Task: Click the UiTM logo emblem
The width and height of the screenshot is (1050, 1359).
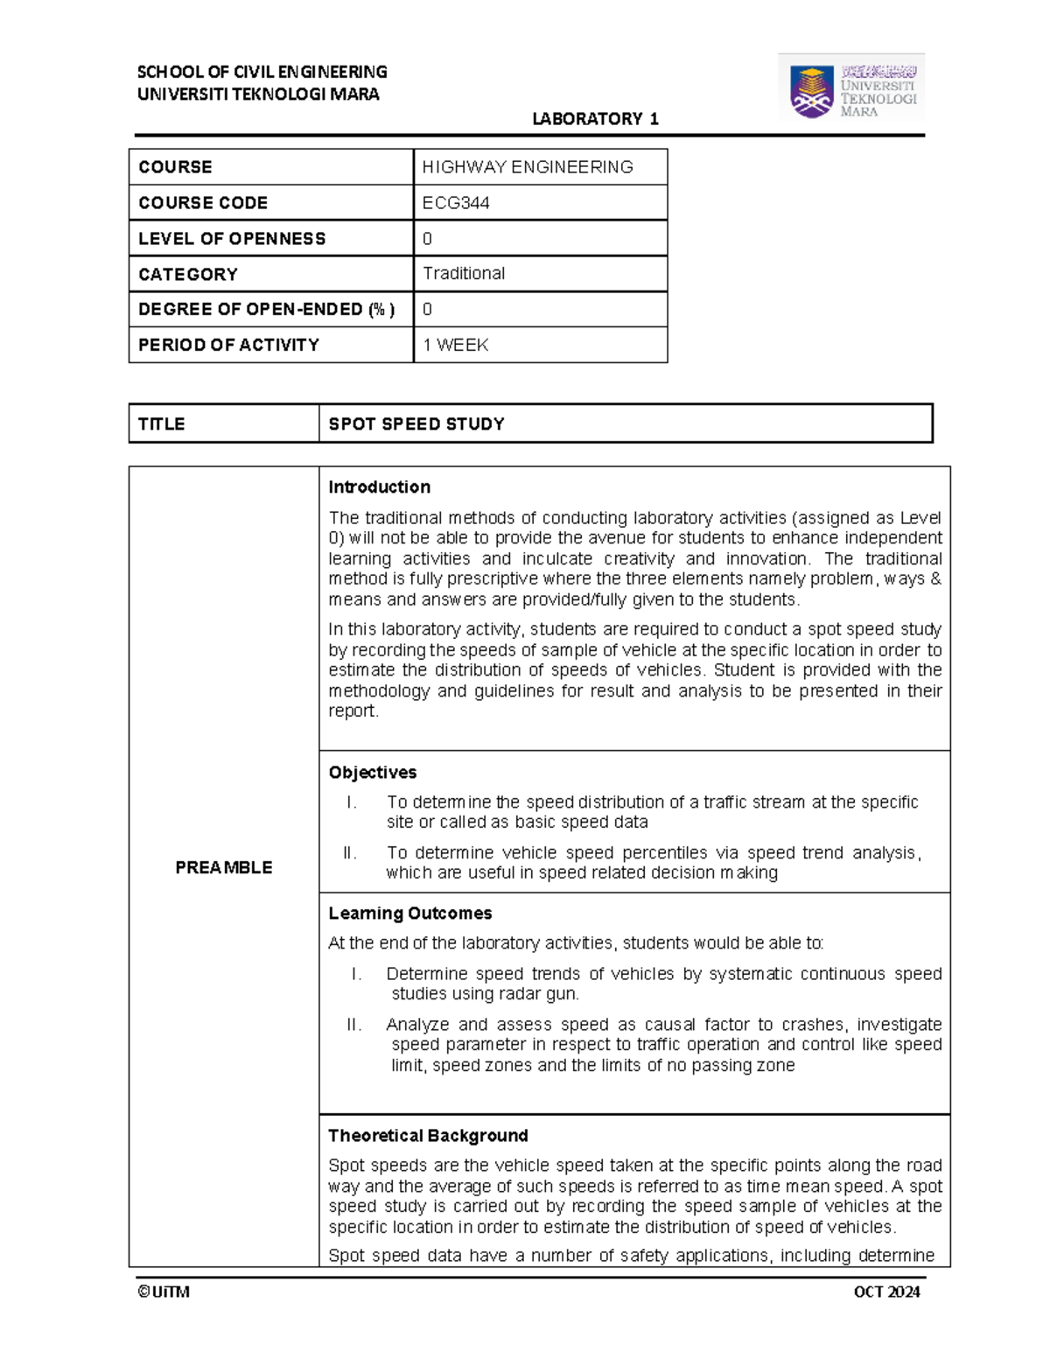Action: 812,91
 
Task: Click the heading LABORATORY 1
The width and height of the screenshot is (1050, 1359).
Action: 595,119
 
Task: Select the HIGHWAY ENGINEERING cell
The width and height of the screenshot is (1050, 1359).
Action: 528,167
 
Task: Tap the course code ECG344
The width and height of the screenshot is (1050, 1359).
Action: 456,203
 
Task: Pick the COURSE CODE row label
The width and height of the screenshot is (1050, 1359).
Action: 203,203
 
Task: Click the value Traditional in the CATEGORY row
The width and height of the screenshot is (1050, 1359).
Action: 464,274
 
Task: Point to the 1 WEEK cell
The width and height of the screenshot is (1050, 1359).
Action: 455,346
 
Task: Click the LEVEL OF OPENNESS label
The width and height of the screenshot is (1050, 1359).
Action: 232,239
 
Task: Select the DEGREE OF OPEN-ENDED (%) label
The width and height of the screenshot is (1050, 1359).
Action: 266,310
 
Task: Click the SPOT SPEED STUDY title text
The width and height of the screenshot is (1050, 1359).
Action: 416,424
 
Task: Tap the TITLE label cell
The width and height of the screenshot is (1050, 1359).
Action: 162,424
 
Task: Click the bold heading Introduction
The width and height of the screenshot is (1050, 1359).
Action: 379,487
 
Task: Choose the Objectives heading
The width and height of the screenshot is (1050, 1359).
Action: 372,773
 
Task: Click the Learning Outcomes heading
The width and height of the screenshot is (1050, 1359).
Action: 409,914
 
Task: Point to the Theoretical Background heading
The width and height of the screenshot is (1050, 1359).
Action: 428,1136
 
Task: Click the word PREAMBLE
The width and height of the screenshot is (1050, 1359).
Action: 223,867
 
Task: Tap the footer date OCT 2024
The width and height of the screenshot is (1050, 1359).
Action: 886,1292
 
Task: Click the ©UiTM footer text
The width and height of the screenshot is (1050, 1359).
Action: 164,1292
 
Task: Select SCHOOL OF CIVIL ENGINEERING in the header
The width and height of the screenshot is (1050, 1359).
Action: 262,72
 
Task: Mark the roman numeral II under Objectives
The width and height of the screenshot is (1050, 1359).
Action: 350,853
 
